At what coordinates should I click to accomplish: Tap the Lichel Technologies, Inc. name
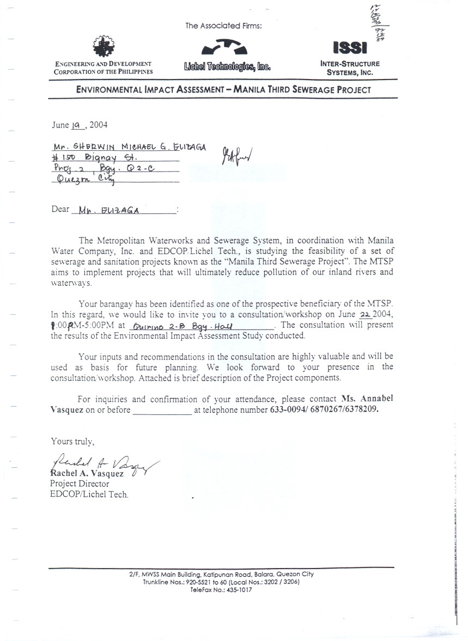(x=227, y=68)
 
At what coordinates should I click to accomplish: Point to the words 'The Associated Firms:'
(x=223, y=26)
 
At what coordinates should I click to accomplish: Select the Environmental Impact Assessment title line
(x=223, y=90)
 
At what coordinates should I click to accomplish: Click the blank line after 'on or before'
(x=162, y=410)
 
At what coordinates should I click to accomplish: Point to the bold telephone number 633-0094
(x=288, y=410)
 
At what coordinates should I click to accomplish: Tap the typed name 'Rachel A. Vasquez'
(x=87, y=473)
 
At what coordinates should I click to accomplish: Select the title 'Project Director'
(x=80, y=484)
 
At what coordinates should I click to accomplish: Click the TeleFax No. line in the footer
(x=221, y=590)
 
